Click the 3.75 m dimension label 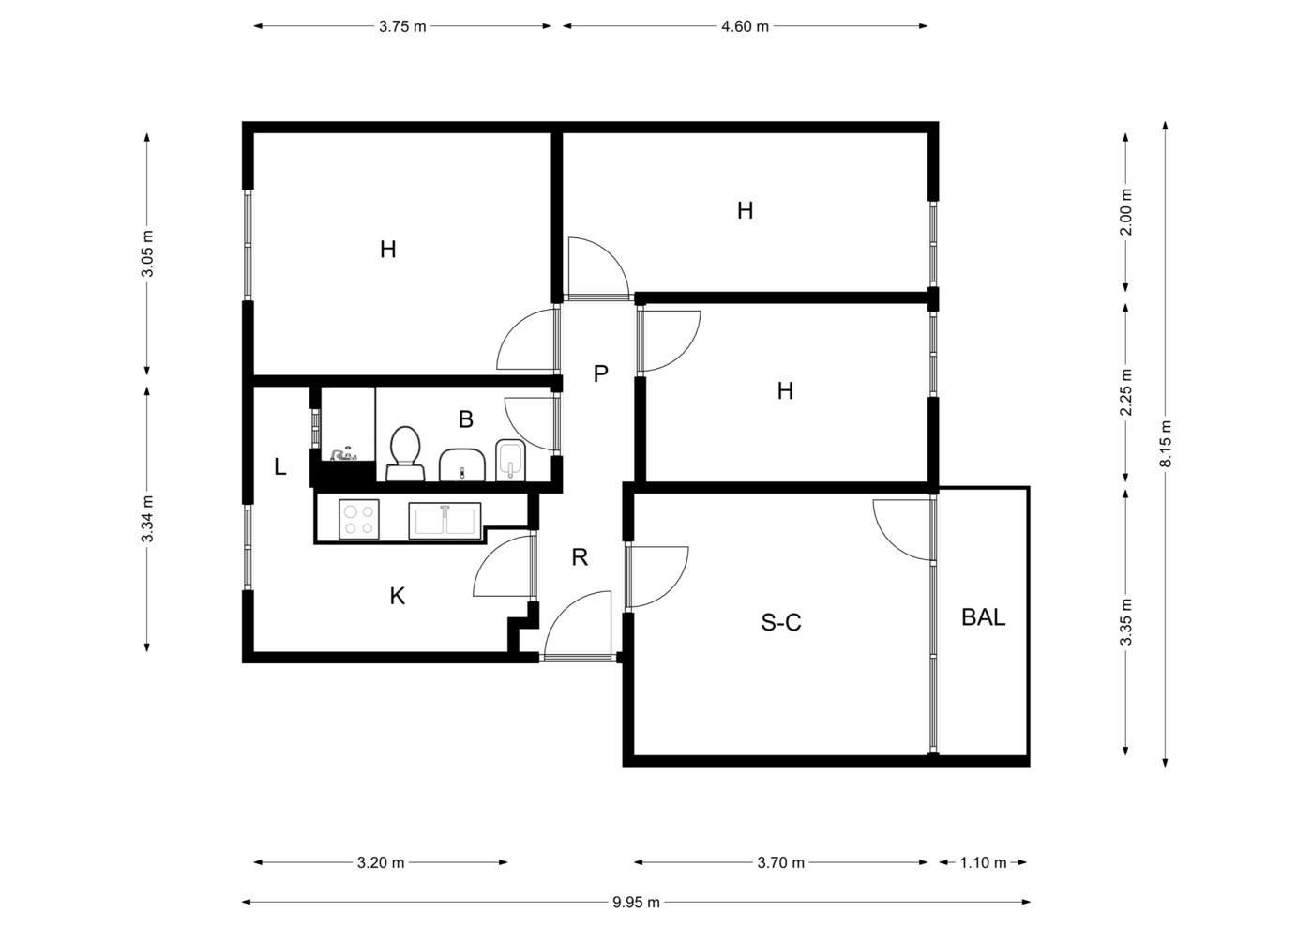(402, 26)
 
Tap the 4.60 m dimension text (745, 26)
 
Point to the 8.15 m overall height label (1166, 444)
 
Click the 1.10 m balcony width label (983, 862)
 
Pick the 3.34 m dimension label (147, 519)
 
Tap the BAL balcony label (984, 617)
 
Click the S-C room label (781, 622)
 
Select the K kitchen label (397, 597)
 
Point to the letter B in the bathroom (466, 419)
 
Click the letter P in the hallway (600, 373)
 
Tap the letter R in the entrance (580, 557)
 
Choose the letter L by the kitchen (280, 467)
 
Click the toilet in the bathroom (405, 453)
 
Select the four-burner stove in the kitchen (359, 520)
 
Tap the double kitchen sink (445, 520)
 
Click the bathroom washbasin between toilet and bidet (462, 465)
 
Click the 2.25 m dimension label (1125, 392)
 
